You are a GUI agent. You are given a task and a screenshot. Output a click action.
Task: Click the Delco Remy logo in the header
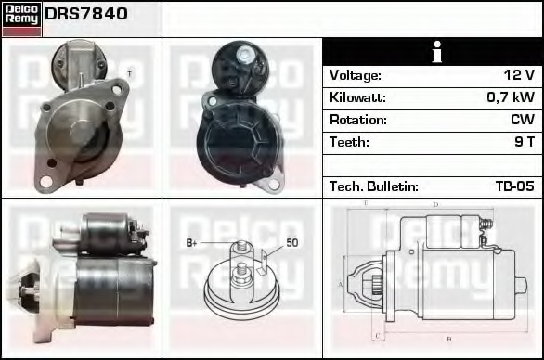coord(21,18)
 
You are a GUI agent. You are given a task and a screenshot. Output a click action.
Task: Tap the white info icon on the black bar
coord(432,52)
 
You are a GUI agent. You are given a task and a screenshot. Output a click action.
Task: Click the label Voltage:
coord(355,75)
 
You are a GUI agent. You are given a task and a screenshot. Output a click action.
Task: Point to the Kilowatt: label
coord(357,97)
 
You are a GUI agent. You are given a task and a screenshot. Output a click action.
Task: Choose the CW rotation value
coord(522,120)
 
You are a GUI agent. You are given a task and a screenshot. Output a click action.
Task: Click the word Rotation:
coord(357,120)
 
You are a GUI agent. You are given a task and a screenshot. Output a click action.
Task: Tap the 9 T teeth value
coord(524,142)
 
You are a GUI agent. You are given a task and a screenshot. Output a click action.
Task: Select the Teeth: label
coord(349,142)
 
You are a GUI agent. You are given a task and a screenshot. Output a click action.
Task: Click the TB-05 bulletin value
coord(514,186)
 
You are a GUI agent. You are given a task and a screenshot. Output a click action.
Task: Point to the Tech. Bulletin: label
coord(373,186)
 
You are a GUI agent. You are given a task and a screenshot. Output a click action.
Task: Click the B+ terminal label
coord(193,243)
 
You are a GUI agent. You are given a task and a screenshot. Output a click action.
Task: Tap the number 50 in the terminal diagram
coord(291,243)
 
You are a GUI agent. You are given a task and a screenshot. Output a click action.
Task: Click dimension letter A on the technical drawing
coord(341,284)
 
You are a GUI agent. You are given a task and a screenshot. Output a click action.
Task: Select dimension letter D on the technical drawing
coord(434,204)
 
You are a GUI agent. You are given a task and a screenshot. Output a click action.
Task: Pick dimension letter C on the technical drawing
coord(376,334)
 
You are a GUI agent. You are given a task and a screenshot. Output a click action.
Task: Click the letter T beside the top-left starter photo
coord(129,73)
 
